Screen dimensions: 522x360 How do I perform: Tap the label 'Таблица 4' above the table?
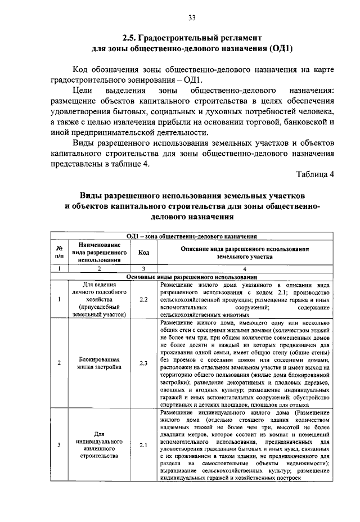315,174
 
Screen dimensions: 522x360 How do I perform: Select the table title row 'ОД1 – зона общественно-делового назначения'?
192,237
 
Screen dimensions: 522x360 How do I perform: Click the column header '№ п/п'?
59,252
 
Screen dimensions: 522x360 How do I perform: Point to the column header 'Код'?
143,252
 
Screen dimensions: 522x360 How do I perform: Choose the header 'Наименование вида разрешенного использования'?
99,252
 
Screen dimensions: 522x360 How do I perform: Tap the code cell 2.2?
143,299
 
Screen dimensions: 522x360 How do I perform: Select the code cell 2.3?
143,363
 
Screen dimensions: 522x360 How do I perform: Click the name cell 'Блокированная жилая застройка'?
99,363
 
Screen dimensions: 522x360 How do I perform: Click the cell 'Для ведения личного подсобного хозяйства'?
99,299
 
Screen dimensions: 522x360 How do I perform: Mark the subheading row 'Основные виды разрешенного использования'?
192,277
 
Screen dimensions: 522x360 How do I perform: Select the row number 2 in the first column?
59,363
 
